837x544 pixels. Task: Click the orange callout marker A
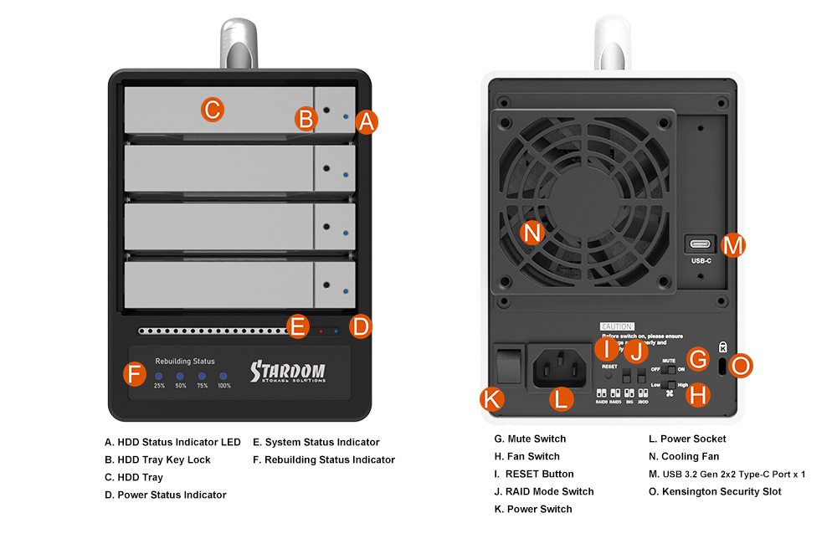(365, 121)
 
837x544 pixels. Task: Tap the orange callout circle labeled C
(213, 109)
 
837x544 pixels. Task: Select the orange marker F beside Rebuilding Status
(135, 373)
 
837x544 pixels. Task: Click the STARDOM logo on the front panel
(287, 372)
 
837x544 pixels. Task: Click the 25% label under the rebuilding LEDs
(159, 386)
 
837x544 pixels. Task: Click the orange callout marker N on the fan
(532, 233)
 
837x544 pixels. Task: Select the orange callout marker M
(732, 244)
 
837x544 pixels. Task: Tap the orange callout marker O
(741, 365)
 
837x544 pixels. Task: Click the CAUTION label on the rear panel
(617, 326)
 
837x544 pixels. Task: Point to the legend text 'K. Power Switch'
(533, 509)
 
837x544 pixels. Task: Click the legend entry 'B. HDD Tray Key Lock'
(157, 459)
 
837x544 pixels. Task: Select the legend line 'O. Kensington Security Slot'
(715, 491)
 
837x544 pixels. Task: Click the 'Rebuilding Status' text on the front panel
(185, 362)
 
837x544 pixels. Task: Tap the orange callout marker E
(297, 326)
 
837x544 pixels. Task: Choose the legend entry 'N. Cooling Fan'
(684, 456)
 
